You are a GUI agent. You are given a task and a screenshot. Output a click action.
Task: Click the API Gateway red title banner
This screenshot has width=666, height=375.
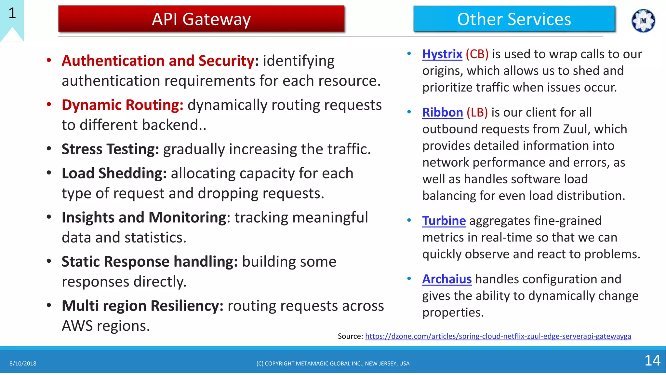(201, 19)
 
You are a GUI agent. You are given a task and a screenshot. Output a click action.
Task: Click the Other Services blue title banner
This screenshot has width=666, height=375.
(514, 19)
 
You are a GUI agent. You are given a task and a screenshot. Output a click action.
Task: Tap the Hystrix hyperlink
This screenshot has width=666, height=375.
(442, 54)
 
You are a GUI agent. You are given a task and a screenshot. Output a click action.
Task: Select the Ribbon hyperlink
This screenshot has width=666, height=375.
(442, 112)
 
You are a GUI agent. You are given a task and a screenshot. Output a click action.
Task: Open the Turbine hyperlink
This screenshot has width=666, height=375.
(444, 221)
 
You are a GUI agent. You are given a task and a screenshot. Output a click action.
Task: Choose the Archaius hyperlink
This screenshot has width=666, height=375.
(447, 279)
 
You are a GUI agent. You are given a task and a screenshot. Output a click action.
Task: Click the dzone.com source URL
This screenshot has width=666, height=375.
(498, 336)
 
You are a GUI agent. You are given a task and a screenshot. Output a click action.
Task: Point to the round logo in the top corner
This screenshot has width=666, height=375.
(643, 21)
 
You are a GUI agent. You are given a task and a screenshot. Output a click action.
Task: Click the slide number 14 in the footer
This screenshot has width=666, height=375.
(652, 360)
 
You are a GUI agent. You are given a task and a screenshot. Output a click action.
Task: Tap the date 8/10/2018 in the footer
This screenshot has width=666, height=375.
(23, 364)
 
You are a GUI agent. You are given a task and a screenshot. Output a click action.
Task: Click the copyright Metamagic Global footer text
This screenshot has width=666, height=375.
(333, 364)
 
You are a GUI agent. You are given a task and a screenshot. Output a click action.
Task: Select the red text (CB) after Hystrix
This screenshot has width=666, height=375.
(477, 54)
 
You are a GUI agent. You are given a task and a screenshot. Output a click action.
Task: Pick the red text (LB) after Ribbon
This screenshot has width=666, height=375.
(477, 112)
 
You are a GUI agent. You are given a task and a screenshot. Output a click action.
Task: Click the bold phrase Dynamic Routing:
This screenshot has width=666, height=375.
(123, 105)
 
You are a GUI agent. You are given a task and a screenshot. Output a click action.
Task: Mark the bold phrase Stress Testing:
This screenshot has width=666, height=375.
(110, 149)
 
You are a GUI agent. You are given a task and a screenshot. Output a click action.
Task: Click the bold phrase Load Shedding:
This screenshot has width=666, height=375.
(114, 173)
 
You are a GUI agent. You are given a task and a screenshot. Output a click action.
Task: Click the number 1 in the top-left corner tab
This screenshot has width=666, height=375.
(12, 13)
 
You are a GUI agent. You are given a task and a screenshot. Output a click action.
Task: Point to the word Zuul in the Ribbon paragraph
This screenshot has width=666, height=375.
(575, 129)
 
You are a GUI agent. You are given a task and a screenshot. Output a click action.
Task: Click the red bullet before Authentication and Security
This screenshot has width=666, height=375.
(49, 60)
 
